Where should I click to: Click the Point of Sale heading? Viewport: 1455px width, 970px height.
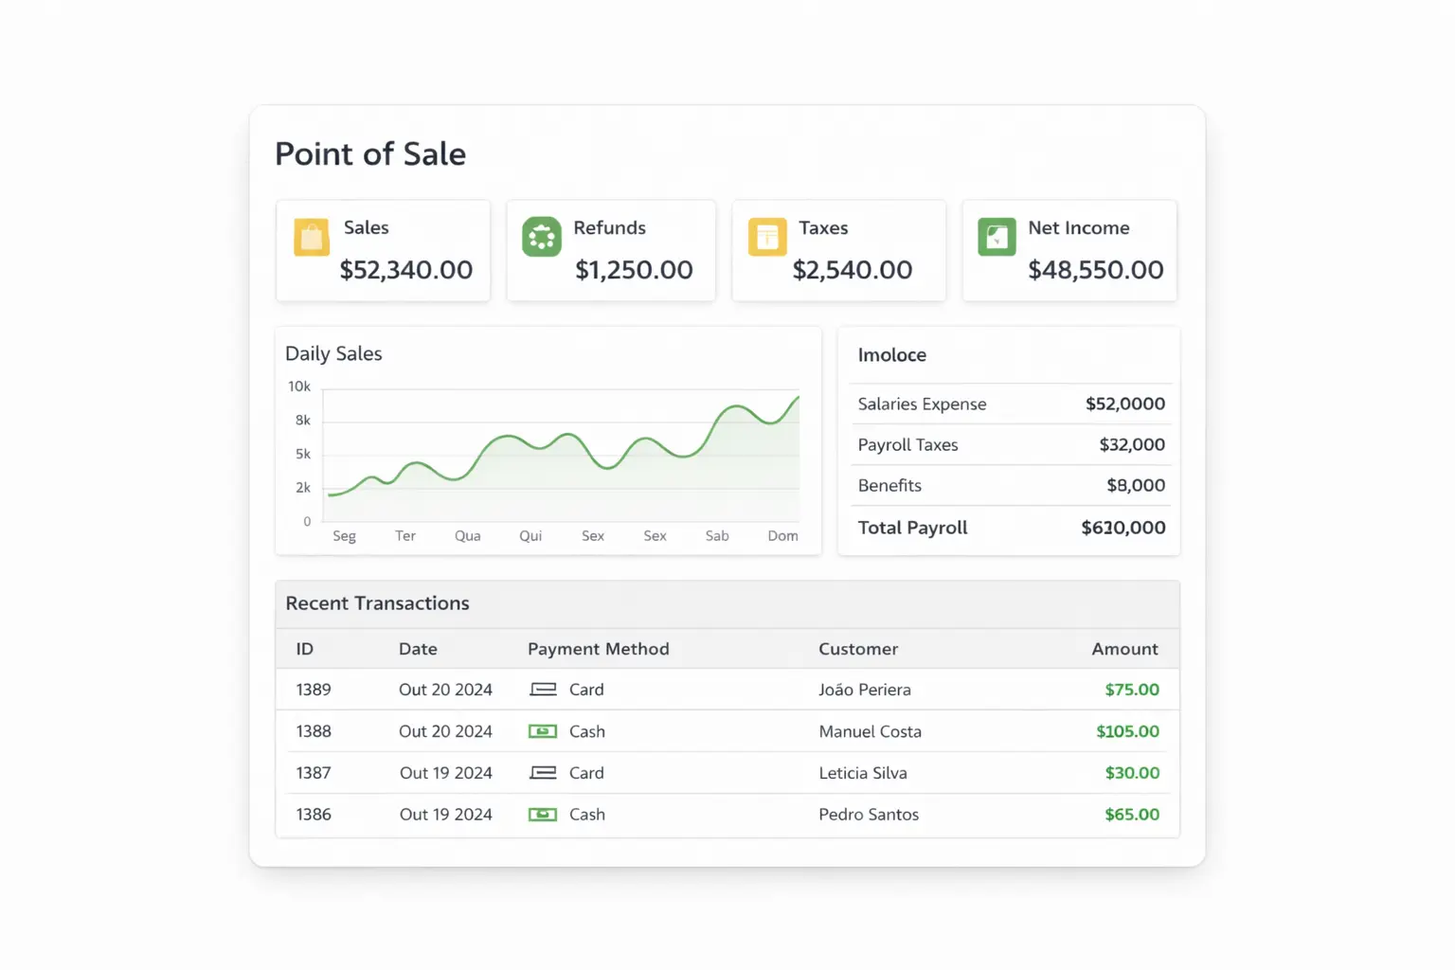[370, 154]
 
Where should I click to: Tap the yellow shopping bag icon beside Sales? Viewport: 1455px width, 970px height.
[312, 237]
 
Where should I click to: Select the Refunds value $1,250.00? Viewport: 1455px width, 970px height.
[634, 270]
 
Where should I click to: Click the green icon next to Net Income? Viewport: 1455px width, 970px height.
[997, 237]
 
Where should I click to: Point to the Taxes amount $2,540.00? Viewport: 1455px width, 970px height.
[853, 270]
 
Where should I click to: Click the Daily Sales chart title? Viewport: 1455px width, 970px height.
[333, 353]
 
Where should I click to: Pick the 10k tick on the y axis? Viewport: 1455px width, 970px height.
[299, 386]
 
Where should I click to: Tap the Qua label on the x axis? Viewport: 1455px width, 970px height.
[467, 536]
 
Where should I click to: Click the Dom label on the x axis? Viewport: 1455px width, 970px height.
[782, 536]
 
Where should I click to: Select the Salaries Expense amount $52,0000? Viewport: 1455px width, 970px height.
[1125, 404]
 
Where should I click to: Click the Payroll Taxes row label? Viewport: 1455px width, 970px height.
[907, 445]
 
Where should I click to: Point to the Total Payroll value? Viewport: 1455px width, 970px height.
[1123, 528]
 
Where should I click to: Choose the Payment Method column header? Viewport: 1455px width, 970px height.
[598, 649]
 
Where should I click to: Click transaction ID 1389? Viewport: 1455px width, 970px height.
[314, 690]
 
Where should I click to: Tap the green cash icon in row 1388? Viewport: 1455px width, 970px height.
[543, 731]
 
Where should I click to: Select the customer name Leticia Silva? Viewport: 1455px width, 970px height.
[863, 773]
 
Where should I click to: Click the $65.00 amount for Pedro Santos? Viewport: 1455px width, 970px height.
[1132, 815]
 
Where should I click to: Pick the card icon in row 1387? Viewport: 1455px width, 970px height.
[543, 773]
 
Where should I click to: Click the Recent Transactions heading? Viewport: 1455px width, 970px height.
[377, 603]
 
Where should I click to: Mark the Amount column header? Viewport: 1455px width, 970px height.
[1124, 649]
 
